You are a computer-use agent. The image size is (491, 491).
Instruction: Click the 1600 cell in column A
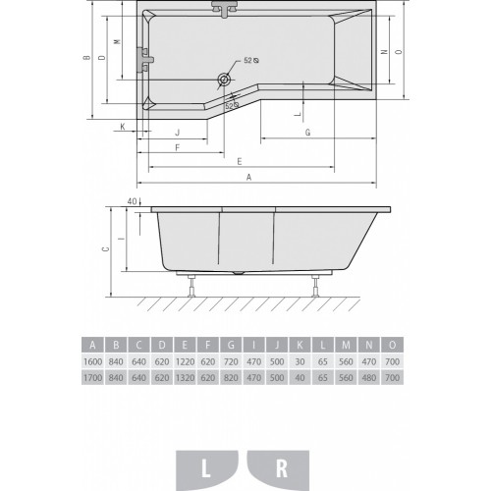click(93, 361)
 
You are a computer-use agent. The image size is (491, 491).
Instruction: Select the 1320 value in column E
click(185, 377)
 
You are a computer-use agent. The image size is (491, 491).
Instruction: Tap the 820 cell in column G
click(231, 377)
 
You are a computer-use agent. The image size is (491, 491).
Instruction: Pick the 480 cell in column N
click(369, 377)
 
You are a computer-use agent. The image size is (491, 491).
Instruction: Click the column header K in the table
click(300, 345)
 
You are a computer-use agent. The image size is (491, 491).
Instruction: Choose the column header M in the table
click(346, 345)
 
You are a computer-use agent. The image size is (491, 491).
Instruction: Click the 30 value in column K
click(300, 361)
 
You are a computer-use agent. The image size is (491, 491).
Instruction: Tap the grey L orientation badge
click(207, 470)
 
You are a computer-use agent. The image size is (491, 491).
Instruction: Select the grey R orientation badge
click(279, 470)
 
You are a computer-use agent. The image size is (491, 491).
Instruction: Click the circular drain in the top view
click(224, 79)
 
